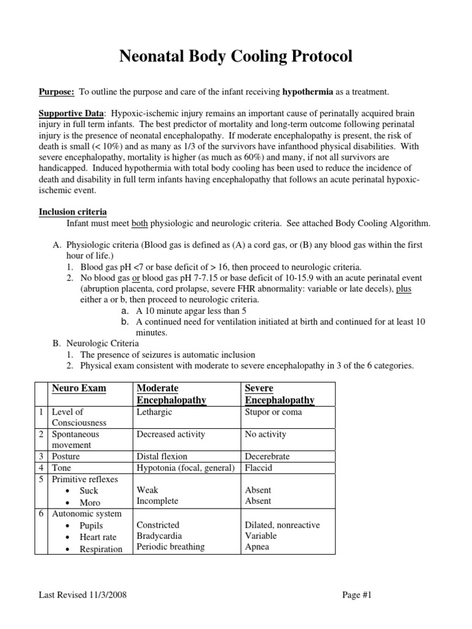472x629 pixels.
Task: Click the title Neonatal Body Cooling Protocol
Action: pos(235,57)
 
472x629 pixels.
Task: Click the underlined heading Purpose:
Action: pos(57,92)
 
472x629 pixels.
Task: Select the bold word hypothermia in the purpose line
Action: pos(308,92)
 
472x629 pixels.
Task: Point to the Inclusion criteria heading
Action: pos(73,212)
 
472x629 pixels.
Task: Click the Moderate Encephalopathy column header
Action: pos(171,394)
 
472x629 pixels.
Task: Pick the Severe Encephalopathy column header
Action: pos(280,394)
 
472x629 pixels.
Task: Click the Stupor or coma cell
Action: pos(273,412)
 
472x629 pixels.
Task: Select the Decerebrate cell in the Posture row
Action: pos(267,457)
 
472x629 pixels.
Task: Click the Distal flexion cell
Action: pos(162,457)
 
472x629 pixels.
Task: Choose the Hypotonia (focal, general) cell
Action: pos(186,468)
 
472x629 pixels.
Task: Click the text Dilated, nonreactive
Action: pos(282,525)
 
